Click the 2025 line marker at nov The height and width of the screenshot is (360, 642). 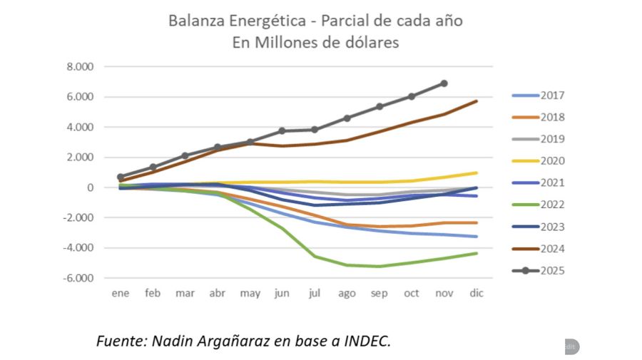444,83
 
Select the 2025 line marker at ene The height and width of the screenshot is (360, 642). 121,177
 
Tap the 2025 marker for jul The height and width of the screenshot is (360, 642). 315,130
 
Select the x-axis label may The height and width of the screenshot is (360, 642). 250,293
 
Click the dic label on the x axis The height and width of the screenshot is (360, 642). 476,293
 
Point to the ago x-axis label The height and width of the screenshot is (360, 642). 347,293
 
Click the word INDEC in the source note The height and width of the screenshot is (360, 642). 365,341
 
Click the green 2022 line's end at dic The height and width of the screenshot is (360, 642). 477,253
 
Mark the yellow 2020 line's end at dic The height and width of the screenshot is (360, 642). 477,173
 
